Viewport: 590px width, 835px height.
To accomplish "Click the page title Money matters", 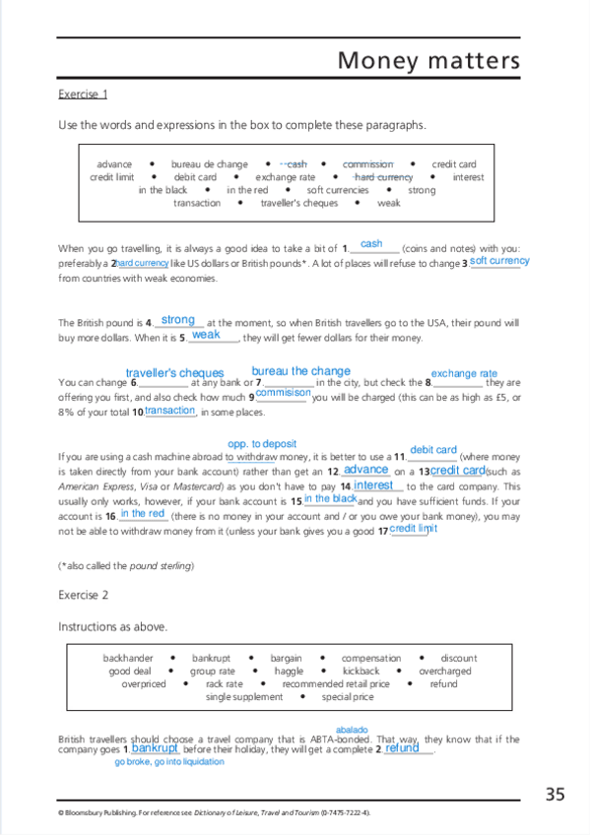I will click(x=427, y=61).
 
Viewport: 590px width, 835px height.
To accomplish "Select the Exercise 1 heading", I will click(x=83, y=95).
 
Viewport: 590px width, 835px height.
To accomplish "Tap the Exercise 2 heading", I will click(x=83, y=596).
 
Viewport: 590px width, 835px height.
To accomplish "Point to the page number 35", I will click(x=555, y=794).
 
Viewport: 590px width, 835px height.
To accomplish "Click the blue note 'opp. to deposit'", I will click(x=262, y=444).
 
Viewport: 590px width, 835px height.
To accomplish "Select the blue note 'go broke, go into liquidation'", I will click(x=168, y=761).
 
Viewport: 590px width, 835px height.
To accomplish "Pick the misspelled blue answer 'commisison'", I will click(x=283, y=393).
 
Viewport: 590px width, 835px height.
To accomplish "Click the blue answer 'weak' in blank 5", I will click(x=206, y=335).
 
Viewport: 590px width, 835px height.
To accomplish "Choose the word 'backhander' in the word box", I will click(x=128, y=658).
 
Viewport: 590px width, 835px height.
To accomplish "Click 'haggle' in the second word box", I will click(x=289, y=671).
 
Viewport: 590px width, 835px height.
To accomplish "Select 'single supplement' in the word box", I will click(x=243, y=696).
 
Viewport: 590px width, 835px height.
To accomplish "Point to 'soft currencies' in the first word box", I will click(x=338, y=190).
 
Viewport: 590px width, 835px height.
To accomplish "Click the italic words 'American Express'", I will click(x=89, y=486).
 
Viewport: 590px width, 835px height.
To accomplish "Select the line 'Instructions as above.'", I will click(x=112, y=626).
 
